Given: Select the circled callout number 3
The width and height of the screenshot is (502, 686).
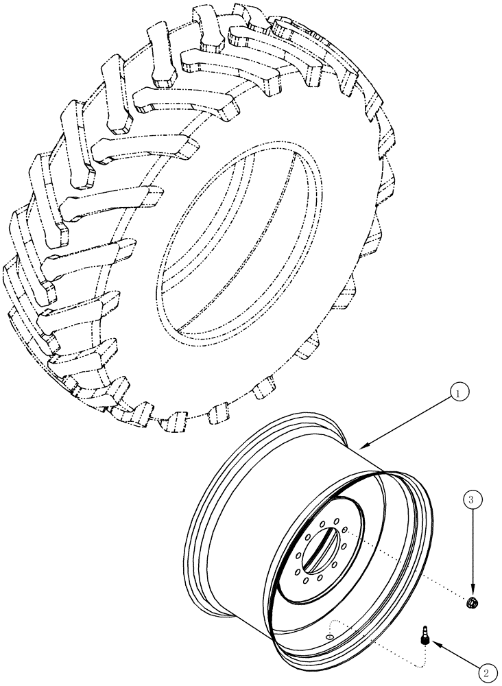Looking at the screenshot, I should tap(470, 500).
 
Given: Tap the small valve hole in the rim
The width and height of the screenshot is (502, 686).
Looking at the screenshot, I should tap(330, 637).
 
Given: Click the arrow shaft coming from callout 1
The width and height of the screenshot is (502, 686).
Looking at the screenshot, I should tap(411, 420).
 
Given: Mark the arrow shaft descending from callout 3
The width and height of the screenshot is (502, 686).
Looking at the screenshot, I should tap(470, 549).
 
